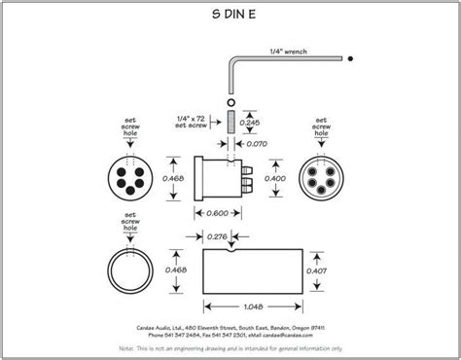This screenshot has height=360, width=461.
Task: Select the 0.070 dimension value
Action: [x=257, y=144]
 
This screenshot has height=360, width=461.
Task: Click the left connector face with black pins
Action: [x=131, y=179]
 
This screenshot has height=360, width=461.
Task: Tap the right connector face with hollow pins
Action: [x=325, y=180]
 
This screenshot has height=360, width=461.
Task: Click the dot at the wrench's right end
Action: [x=347, y=59]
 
